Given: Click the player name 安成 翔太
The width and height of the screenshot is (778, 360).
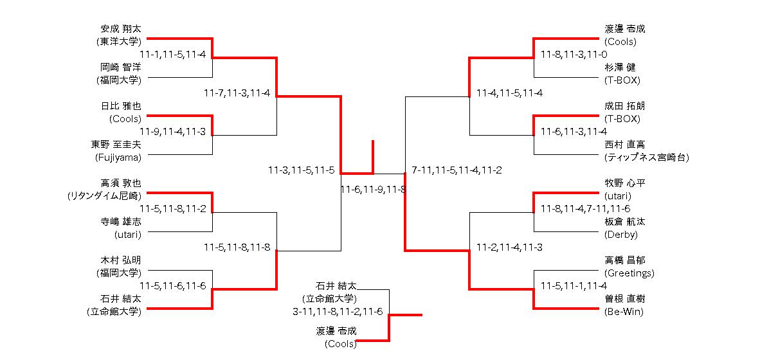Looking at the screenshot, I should [x=120, y=29].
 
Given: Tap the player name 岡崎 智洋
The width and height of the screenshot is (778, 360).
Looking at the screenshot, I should [x=120, y=67].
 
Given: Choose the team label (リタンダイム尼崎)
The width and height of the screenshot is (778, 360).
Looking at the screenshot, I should [x=104, y=196].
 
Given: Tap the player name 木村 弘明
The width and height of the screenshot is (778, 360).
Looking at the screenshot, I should [x=120, y=260].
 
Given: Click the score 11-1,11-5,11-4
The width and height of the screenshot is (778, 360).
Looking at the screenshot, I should [x=172, y=55].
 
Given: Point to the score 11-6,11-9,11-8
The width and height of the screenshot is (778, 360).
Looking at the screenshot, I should [x=374, y=190].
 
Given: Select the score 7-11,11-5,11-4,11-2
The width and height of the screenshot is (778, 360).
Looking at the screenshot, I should [x=457, y=170].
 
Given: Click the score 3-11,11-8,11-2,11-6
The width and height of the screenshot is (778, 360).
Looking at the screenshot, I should [x=338, y=312].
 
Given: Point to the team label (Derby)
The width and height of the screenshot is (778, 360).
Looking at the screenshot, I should [x=621, y=235].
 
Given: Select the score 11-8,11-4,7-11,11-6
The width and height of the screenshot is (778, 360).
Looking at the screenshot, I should [x=585, y=209].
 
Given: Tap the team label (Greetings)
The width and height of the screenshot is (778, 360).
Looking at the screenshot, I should [x=629, y=273].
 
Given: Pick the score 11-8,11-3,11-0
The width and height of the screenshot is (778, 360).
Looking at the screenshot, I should [x=574, y=55].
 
